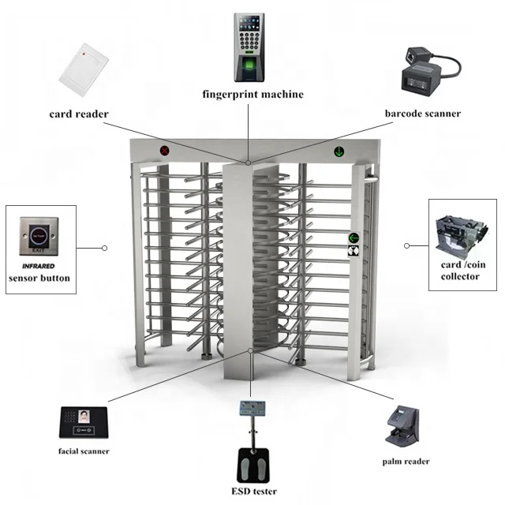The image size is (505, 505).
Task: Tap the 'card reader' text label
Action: click(79, 114)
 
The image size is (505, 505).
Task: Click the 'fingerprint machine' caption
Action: click(252, 95)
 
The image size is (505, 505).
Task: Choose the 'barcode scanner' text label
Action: click(423, 114)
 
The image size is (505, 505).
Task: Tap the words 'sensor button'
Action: click(39, 278)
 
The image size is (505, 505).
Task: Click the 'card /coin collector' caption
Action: click(459, 271)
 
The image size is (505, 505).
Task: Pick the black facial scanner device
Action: click(85, 424)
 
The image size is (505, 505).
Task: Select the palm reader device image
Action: click(406, 426)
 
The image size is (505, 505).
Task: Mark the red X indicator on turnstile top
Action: click(165, 149)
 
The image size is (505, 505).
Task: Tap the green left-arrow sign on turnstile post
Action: click(353, 237)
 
